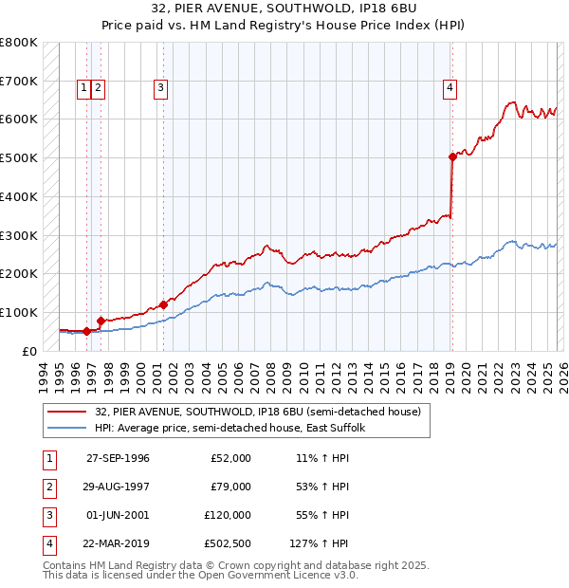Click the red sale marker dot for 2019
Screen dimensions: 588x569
click(452, 157)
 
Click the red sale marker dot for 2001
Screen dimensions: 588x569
click(163, 304)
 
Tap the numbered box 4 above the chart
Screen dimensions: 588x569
click(450, 88)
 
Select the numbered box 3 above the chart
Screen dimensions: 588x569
click(160, 88)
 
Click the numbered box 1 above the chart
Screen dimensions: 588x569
click(84, 88)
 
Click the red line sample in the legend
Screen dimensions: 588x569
click(68, 412)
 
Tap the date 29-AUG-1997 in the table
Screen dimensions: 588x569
click(118, 487)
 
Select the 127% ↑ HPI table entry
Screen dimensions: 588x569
click(320, 543)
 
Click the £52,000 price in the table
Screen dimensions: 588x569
click(229, 458)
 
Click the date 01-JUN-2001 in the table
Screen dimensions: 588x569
click(118, 515)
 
